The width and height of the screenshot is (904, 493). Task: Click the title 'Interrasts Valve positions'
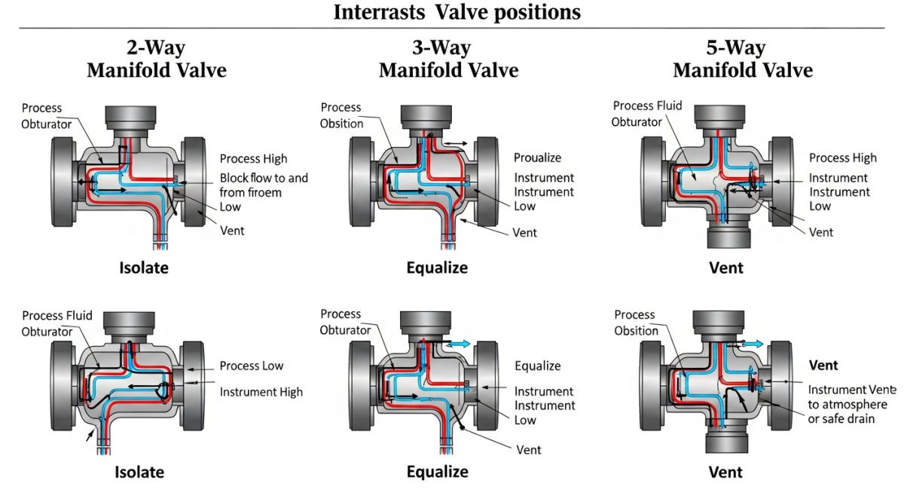click(x=457, y=13)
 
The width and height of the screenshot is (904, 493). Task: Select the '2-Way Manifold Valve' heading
click(x=156, y=59)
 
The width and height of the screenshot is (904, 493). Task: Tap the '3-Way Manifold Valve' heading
click(x=448, y=59)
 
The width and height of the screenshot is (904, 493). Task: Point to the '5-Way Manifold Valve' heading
click(x=742, y=59)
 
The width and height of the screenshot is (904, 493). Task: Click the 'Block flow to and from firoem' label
click(x=264, y=185)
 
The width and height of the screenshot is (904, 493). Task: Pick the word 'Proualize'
click(x=538, y=158)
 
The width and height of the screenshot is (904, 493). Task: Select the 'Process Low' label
click(x=252, y=366)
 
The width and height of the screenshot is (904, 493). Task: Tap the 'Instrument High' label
click(x=261, y=392)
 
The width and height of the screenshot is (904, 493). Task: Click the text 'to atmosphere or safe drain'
click(x=841, y=411)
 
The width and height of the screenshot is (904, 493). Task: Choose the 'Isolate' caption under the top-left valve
click(x=143, y=268)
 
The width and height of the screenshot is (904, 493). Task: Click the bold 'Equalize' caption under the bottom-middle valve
click(x=437, y=472)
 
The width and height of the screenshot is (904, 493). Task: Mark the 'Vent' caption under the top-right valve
click(x=726, y=268)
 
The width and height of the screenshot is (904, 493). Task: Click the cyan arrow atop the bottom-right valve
click(x=754, y=343)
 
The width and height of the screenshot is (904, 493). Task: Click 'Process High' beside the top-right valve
click(x=843, y=158)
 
